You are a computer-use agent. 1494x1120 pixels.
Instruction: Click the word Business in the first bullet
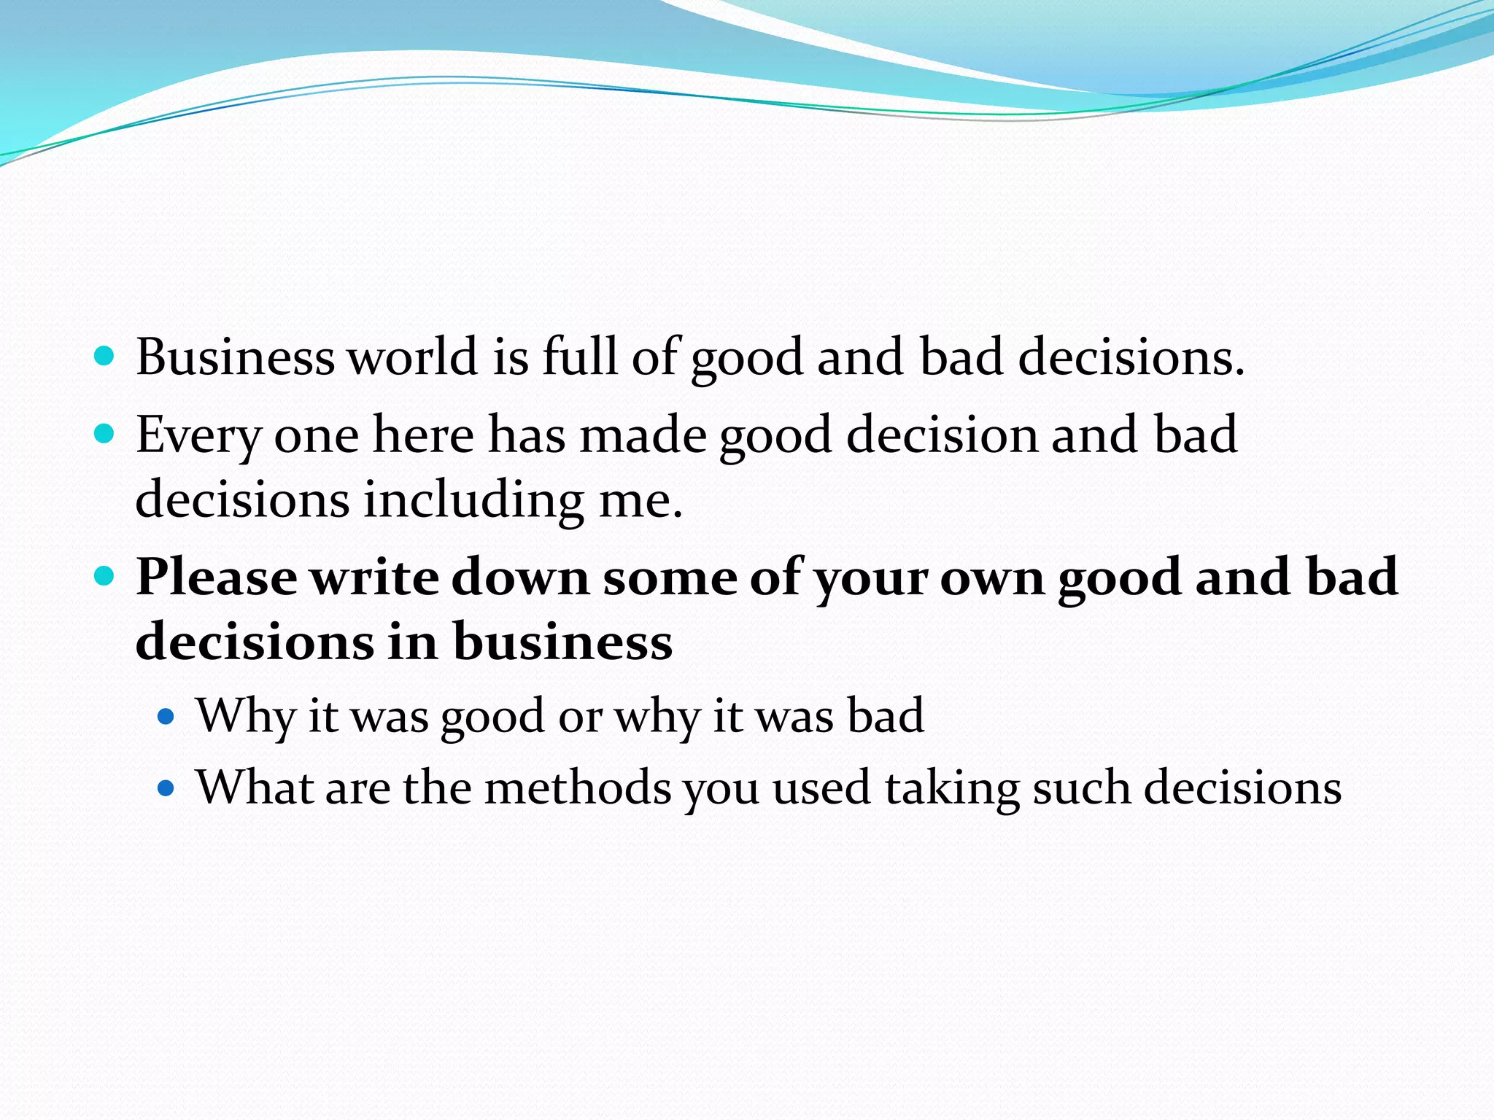coord(235,357)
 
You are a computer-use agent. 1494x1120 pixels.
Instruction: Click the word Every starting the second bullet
coord(198,436)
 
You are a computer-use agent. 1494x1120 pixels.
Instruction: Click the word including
coord(474,501)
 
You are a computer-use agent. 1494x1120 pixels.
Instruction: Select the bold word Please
coord(217,577)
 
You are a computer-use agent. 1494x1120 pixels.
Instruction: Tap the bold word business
coord(562,642)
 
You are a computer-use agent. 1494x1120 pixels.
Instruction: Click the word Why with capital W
coord(245,716)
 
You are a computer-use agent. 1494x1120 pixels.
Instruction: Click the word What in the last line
coord(255,787)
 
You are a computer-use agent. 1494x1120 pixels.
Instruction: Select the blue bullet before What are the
coord(166,788)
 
